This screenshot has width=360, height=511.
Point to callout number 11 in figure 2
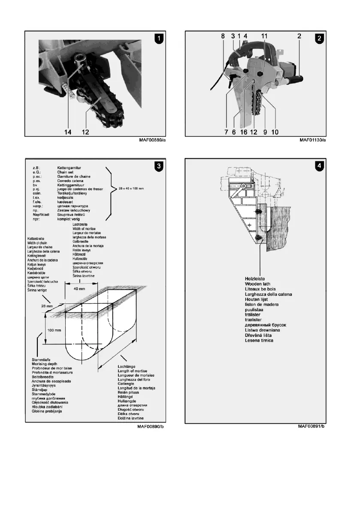pyautogui.click(x=264, y=37)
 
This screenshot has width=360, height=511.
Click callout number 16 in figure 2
pyautogui.click(x=243, y=132)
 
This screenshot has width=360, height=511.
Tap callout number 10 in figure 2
pyautogui.click(x=275, y=132)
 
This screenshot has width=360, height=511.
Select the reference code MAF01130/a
pyautogui.click(x=312, y=140)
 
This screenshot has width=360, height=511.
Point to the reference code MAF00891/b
pyautogui.click(x=312, y=426)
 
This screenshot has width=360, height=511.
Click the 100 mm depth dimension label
pyautogui.click(x=36, y=331)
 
